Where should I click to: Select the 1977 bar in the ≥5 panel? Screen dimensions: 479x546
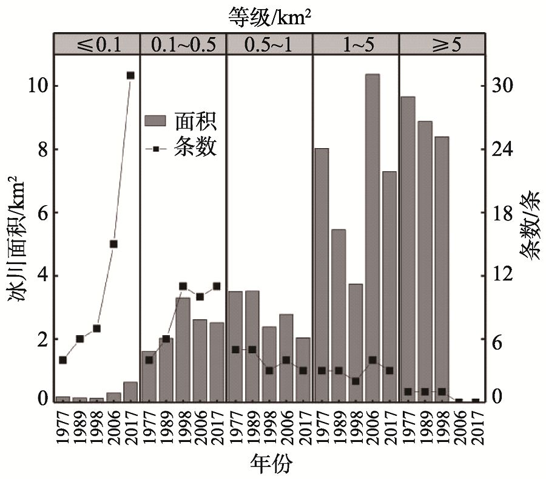tap(408, 249)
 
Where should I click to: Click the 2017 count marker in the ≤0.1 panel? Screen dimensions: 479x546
tap(130, 75)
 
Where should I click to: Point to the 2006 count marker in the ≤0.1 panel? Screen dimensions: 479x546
tap(113, 244)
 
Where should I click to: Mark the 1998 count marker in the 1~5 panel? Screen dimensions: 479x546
tap(356, 381)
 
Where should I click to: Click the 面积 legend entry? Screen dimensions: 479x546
tap(181, 121)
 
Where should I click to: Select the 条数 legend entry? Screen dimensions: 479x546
tap(181, 147)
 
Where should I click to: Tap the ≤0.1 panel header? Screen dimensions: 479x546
tap(96, 44)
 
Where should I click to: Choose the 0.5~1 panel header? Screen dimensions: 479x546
tap(269, 44)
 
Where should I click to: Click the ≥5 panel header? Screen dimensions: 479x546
tap(442, 44)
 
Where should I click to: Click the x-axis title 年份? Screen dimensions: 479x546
tap(271, 464)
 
